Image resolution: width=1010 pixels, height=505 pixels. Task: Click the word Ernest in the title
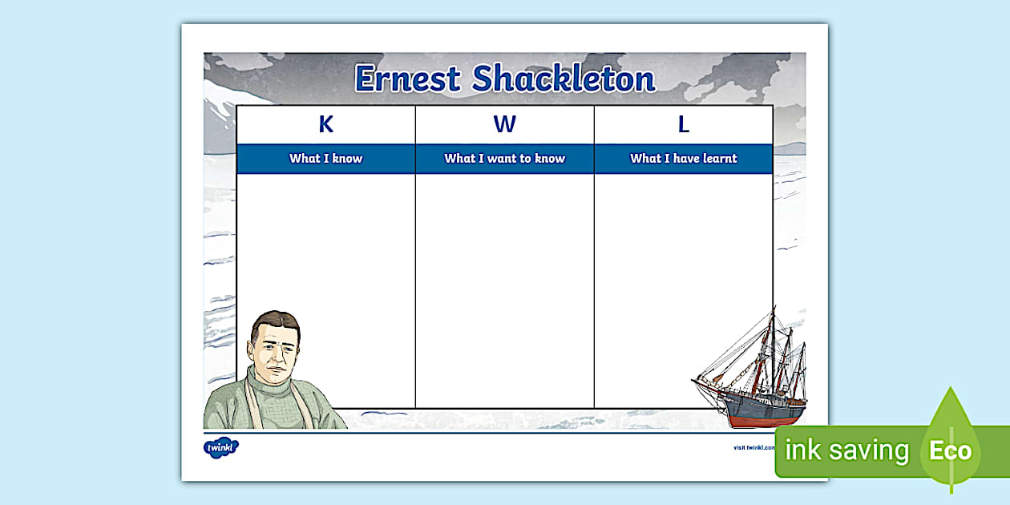pyautogui.click(x=408, y=79)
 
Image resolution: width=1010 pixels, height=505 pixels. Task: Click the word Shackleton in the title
pyautogui.click(x=564, y=79)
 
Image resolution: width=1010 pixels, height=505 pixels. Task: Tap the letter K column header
pyautogui.click(x=325, y=125)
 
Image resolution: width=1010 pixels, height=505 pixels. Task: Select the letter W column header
pyautogui.click(x=504, y=125)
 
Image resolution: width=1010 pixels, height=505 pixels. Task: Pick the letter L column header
pyautogui.click(x=683, y=125)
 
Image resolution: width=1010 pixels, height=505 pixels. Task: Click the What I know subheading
pyautogui.click(x=325, y=159)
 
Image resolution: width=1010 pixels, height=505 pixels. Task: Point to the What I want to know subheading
pyautogui.click(x=504, y=159)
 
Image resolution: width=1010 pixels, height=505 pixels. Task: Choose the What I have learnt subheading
pyautogui.click(x=683, y=159)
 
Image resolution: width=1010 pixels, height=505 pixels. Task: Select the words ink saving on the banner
pyautogui.click(x=846, y=450)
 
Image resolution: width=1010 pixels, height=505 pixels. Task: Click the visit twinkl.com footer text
pyautogui.click(x=753, y=448)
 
